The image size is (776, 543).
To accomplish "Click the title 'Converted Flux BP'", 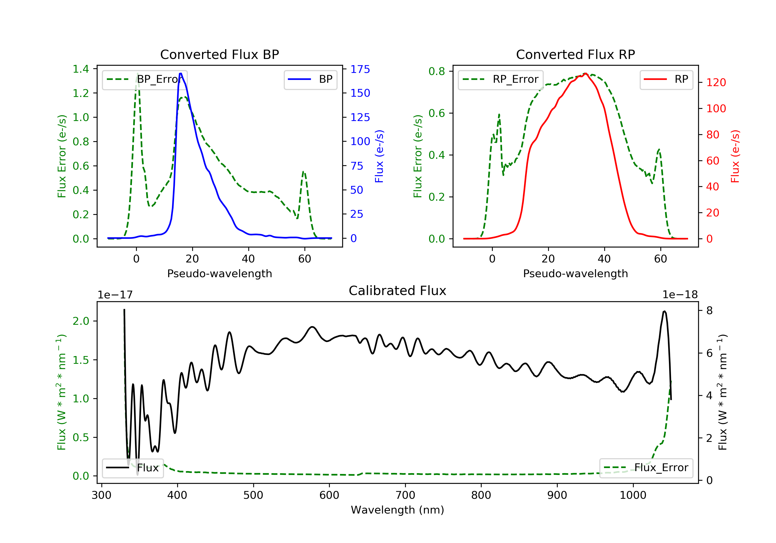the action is click(x=219, y=54).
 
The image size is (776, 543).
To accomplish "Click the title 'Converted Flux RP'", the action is click(x=575, y=54).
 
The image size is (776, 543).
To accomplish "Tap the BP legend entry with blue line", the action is click(x=310, y=79).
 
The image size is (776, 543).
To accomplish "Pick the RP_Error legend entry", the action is click(x=500, y=79).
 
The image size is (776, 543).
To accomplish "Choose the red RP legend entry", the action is click(x=666, y=79).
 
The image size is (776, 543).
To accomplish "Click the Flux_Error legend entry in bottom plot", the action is click(x=646, y=468).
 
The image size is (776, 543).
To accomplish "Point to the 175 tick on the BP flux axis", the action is click(x=360, y=69).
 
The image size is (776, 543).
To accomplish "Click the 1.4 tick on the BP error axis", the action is click(x=81, y=69).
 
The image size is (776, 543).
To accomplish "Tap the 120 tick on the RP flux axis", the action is click(x=716, y=82).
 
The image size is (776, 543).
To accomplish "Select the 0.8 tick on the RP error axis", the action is click(x=437, y=71).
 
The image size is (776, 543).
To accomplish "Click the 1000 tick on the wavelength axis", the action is click(x=633, y=495).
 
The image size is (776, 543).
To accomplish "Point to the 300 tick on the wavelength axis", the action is click(x=101, y=495).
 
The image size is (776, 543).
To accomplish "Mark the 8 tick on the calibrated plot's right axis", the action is click(x=710, y=311).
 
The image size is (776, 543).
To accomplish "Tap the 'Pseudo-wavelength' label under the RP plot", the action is click(x=575, y=273).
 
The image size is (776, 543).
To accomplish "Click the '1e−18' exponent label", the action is click(x=680, y=295).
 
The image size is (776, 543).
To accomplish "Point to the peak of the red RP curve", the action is click(x=585, y=73).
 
